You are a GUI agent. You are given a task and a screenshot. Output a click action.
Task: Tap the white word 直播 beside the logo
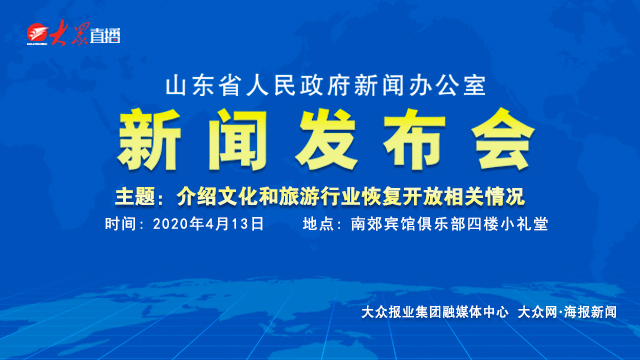[x=104, y=38]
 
